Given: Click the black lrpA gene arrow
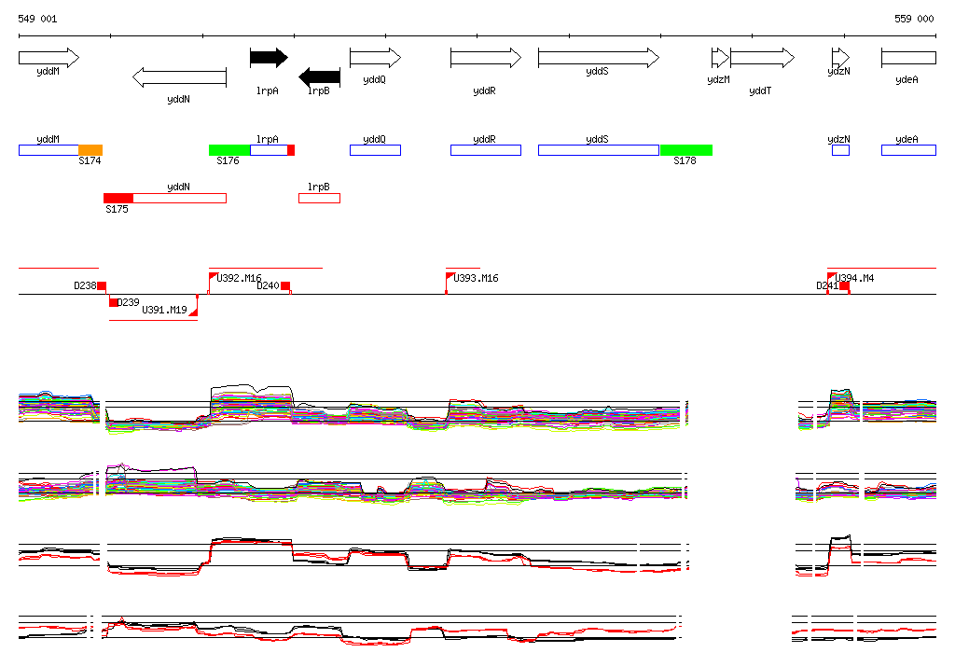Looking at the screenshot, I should pyautogui.click(x=269, y=58).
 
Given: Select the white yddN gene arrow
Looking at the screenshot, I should pyautogui.click(x=180, y=76).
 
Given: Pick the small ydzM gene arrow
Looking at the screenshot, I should pyautogui.click(x=719, y=58).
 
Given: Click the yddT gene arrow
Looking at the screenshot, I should pyautogui.click(x=761, y=58).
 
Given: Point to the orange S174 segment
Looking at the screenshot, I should pyautogui.click(x=90, y=150).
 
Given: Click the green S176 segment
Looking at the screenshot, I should pyautogui.click(x=228, y=150).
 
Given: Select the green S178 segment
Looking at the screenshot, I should pyautogui.click(x=685, y=150).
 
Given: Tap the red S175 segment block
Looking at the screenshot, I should pyautogui.click(x=118, y=198).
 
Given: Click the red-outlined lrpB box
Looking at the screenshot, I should pyautogui.click(x=319, y=198).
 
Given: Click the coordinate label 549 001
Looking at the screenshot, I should pyautogui.click(x=37, y=19).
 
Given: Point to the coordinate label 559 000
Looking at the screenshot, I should pyautogui.click(x=914, y=19).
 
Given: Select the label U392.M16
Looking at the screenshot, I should pyautogui.click(x=239, y=278).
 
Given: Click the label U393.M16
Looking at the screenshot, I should pyautogui.click(x=476, y=278).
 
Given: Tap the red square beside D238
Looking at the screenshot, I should pyautogui.click(x=102, y=286).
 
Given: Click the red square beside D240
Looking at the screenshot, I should pyautogui.click(x=285, y=286).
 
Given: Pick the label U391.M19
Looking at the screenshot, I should pyautogui.click(x=164, y=310).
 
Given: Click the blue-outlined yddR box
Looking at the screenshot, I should pyautogui.click(x=485, y=150).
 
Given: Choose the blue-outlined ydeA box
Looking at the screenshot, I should pyautogui.click(x=907, y=150).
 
